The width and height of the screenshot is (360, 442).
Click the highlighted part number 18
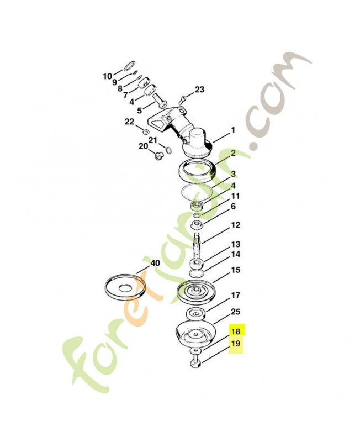[236, 331]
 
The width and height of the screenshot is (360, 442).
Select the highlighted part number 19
[236, 344]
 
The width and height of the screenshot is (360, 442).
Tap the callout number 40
[155, 263]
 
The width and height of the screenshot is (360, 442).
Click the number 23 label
[200, 90]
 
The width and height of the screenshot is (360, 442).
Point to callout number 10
[107, 76]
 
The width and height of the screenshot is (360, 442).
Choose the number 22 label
[130, 122]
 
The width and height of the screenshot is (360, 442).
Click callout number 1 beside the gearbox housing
[233, 130]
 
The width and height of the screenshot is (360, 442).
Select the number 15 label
[236, 270]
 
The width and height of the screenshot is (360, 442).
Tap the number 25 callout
[236, 312]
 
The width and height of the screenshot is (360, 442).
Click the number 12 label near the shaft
[236, 225]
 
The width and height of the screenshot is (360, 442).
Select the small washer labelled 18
[195, 351]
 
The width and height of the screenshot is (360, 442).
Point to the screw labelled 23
[183, 99]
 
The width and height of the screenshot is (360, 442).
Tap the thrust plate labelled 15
[196, 292]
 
